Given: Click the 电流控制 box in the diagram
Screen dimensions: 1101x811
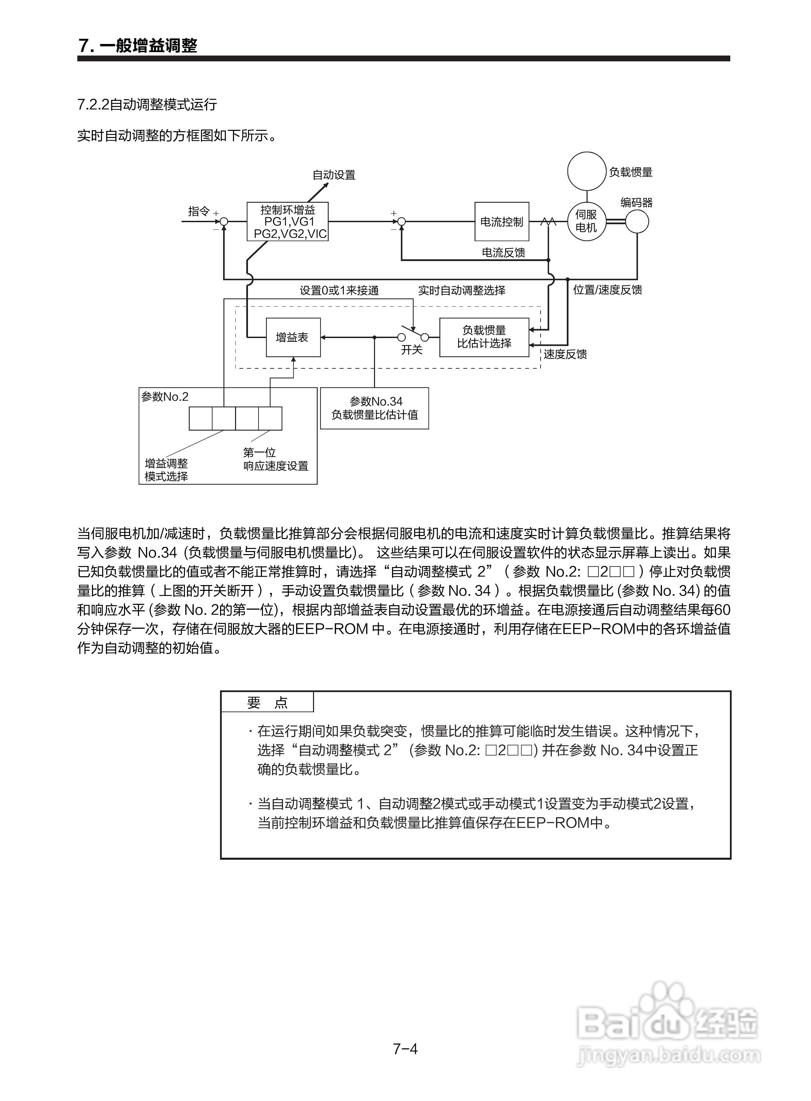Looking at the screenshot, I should pyautogui.click(x=501, y=221).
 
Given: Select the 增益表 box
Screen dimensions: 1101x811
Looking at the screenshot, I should pyautogui.click(x=293, y=337).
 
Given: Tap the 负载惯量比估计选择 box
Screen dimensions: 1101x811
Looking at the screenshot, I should pyautogui.click(x=484, y=337).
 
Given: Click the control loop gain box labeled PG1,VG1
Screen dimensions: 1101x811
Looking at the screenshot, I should pyautogui.click(x=288, y=222).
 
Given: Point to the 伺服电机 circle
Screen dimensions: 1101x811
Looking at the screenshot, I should pyautogui.click(x=586, y=221).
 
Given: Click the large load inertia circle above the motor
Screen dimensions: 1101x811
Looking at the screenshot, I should pyautogui.click(x=587, y=171).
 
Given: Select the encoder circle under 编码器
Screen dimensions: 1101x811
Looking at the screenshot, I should pyautogui.click(x=637, y=221).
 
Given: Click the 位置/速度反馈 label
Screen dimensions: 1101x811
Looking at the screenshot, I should pyautogui.click(x=607, y=290).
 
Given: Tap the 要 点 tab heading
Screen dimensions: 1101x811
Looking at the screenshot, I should pyautogui.click(x=267, y=703).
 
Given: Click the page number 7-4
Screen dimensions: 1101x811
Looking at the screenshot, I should pyautogui.click(x=405, y=1049).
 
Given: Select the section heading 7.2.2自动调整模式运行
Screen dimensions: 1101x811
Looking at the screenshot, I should pyautogui.click(x=147, y=105).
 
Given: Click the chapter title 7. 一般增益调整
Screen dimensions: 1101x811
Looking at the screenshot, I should pyautogui.click(x=138, y=46).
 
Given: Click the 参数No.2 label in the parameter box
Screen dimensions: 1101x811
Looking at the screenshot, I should pyautogui.click(x=165, y=397).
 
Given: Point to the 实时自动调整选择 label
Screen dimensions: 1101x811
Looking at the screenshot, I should pyautogui.click(x=462, y=291).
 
